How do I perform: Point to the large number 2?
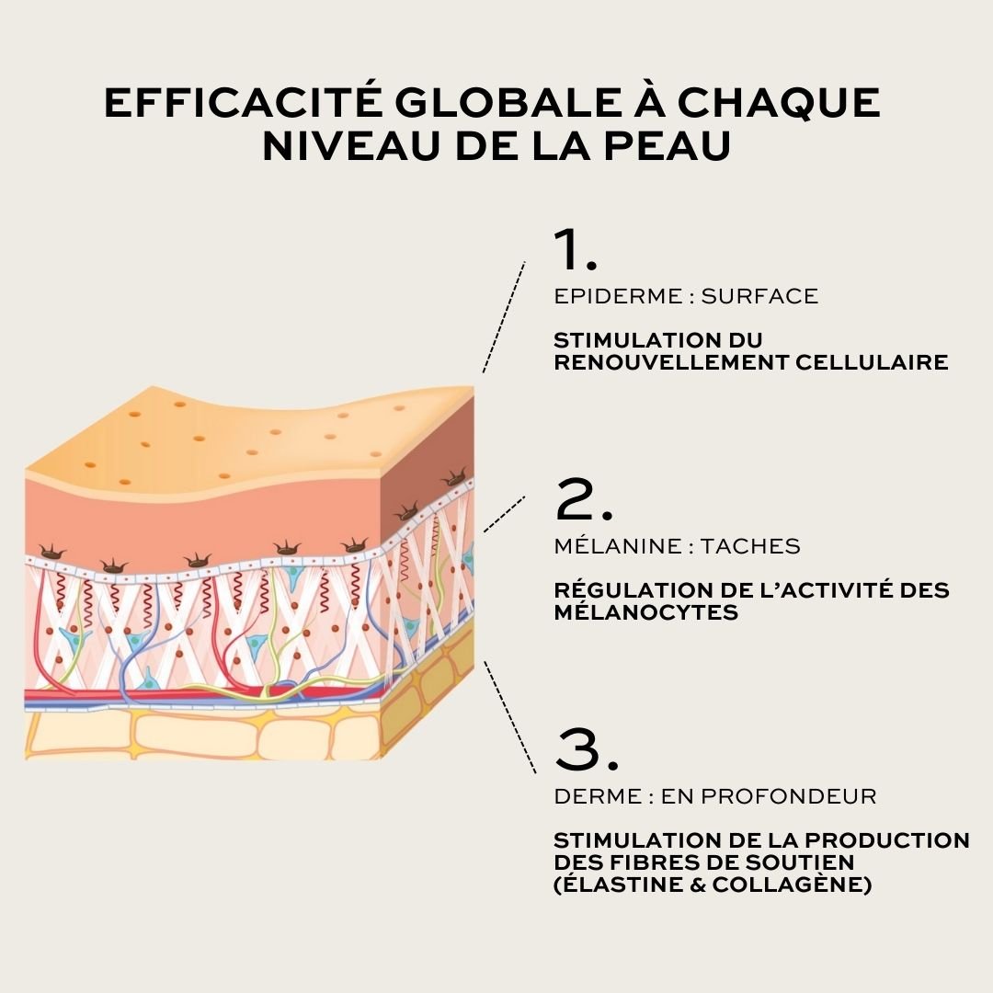(583, 499)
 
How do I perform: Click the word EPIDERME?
(618, 296)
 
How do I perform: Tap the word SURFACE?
(759, 296)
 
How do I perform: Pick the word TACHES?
(750, 545)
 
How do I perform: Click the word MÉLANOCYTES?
(646, 611)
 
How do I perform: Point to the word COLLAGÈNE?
(792, 885)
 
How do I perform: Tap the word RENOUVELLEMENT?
(670, 362)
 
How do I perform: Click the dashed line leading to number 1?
(504, 316)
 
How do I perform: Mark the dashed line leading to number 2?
(505, 514)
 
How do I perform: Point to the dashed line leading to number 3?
(510, 717)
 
